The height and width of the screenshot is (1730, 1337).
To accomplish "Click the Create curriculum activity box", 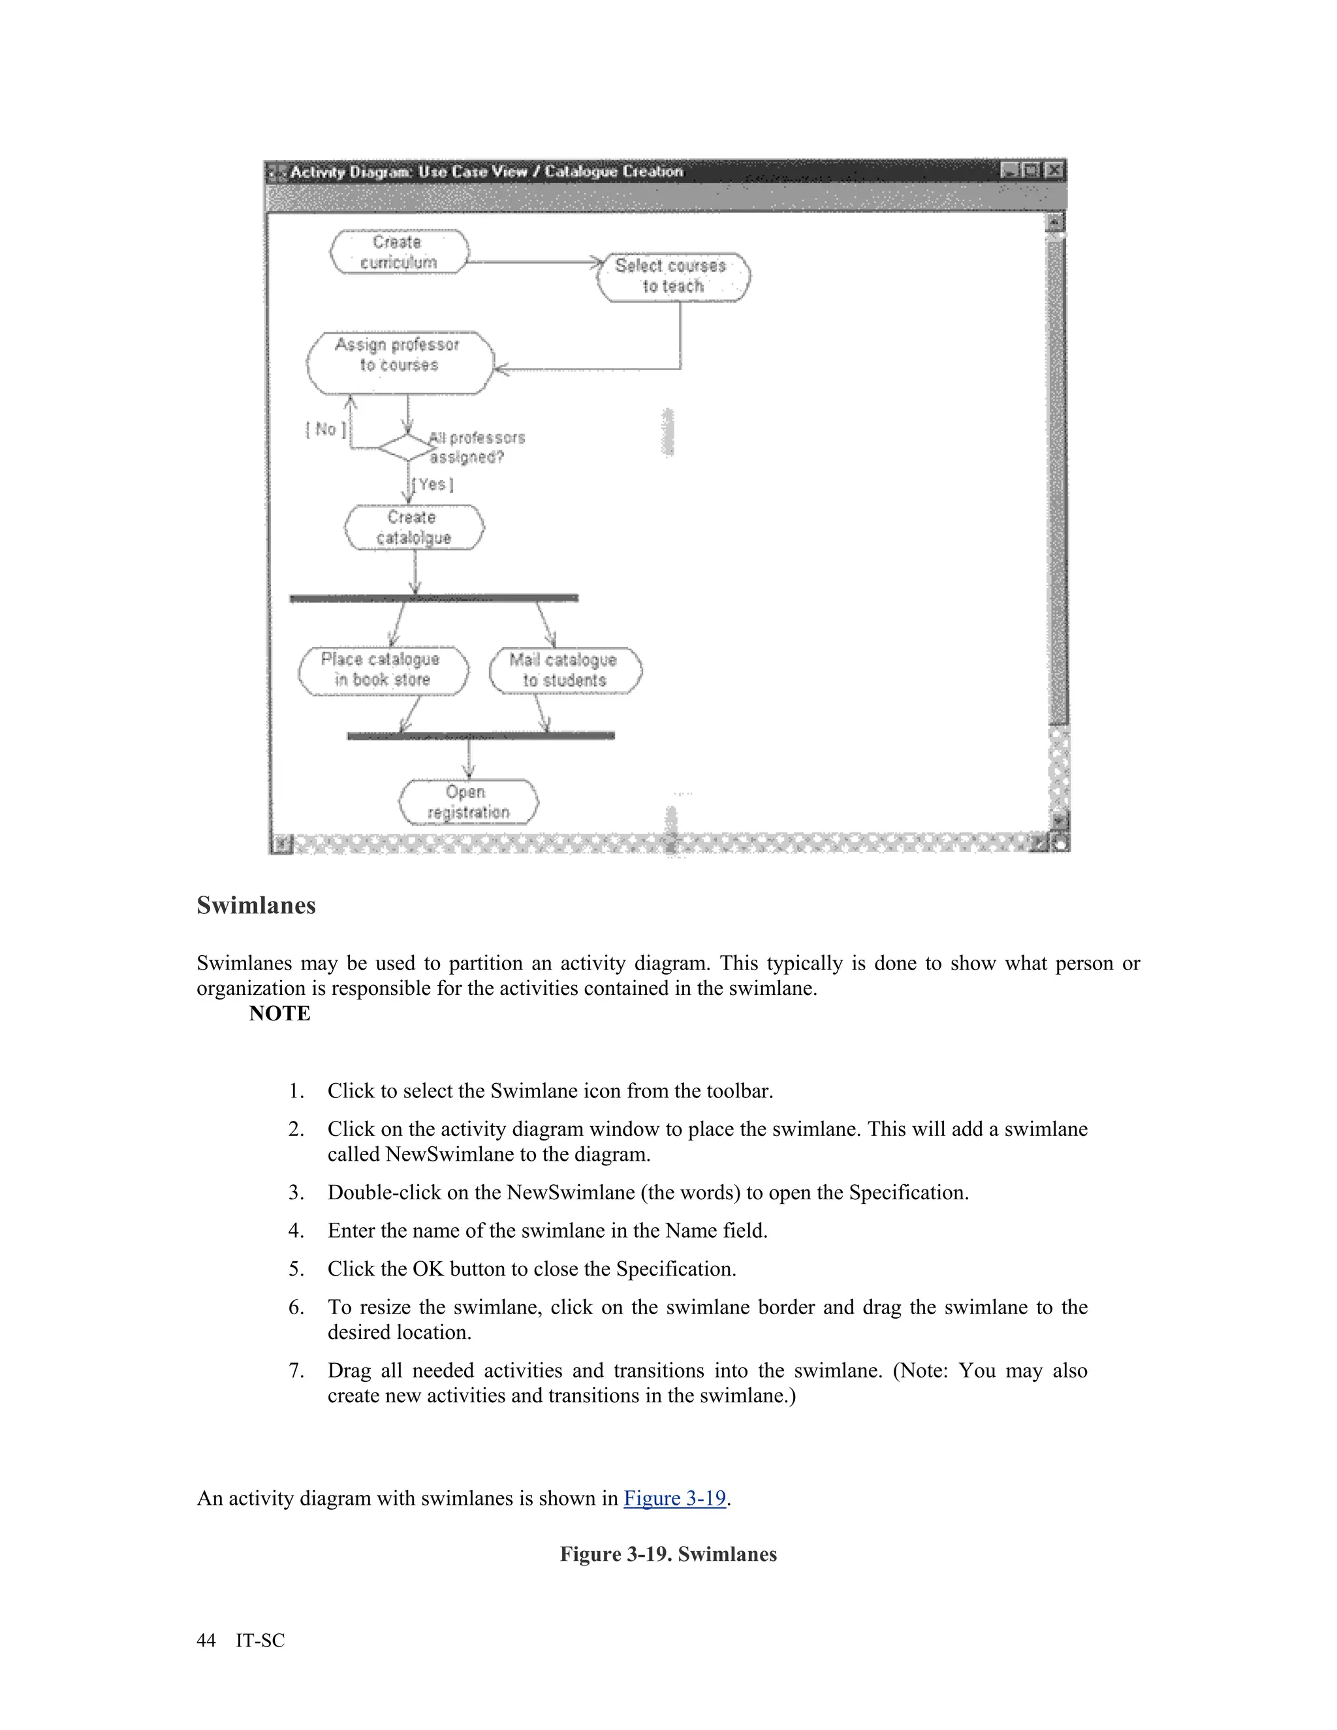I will pyautogui.click(x=398, y=252).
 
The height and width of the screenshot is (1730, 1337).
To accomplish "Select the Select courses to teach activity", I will pyautogui.click(x=673, y=276).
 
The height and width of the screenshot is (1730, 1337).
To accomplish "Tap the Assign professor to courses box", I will pyautogui.click(x=399, y=363).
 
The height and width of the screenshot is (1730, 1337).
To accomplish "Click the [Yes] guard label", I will pyautogui.click(x=432, y=484).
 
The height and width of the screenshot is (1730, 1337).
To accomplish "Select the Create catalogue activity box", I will pyautogui.click(x=413, y=527).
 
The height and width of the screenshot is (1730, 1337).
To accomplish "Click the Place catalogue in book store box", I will pyautogui.click(x=383, y=670).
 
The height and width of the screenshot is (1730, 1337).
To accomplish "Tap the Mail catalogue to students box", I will pyautogui.click(x=565, y=670).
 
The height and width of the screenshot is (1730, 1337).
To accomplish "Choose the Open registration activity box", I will pyautogui.click(x=467, y=802).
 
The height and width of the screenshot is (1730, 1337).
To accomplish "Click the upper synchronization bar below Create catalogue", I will pyautogui.click(x=434, y=598).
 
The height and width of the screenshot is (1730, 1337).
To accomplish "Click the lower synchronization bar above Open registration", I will pyautogui.click(x=480, y=736).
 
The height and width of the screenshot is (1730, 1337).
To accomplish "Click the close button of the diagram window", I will pyautogui.click(x=1054, y=170).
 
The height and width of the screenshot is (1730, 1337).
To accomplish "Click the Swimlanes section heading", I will pyautogui.click(x=256, y=905).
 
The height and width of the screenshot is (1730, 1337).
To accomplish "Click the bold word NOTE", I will pyautogui.click(x=279, y=1013).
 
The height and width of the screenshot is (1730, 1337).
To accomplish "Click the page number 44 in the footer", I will pyautogui.click(x=206, y=1640).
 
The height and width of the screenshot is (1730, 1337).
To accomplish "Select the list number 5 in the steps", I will pyautogui.click(x=296, y=1269).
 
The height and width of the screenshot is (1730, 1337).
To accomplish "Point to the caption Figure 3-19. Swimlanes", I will pyautogui.click(x=668, y=1554).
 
